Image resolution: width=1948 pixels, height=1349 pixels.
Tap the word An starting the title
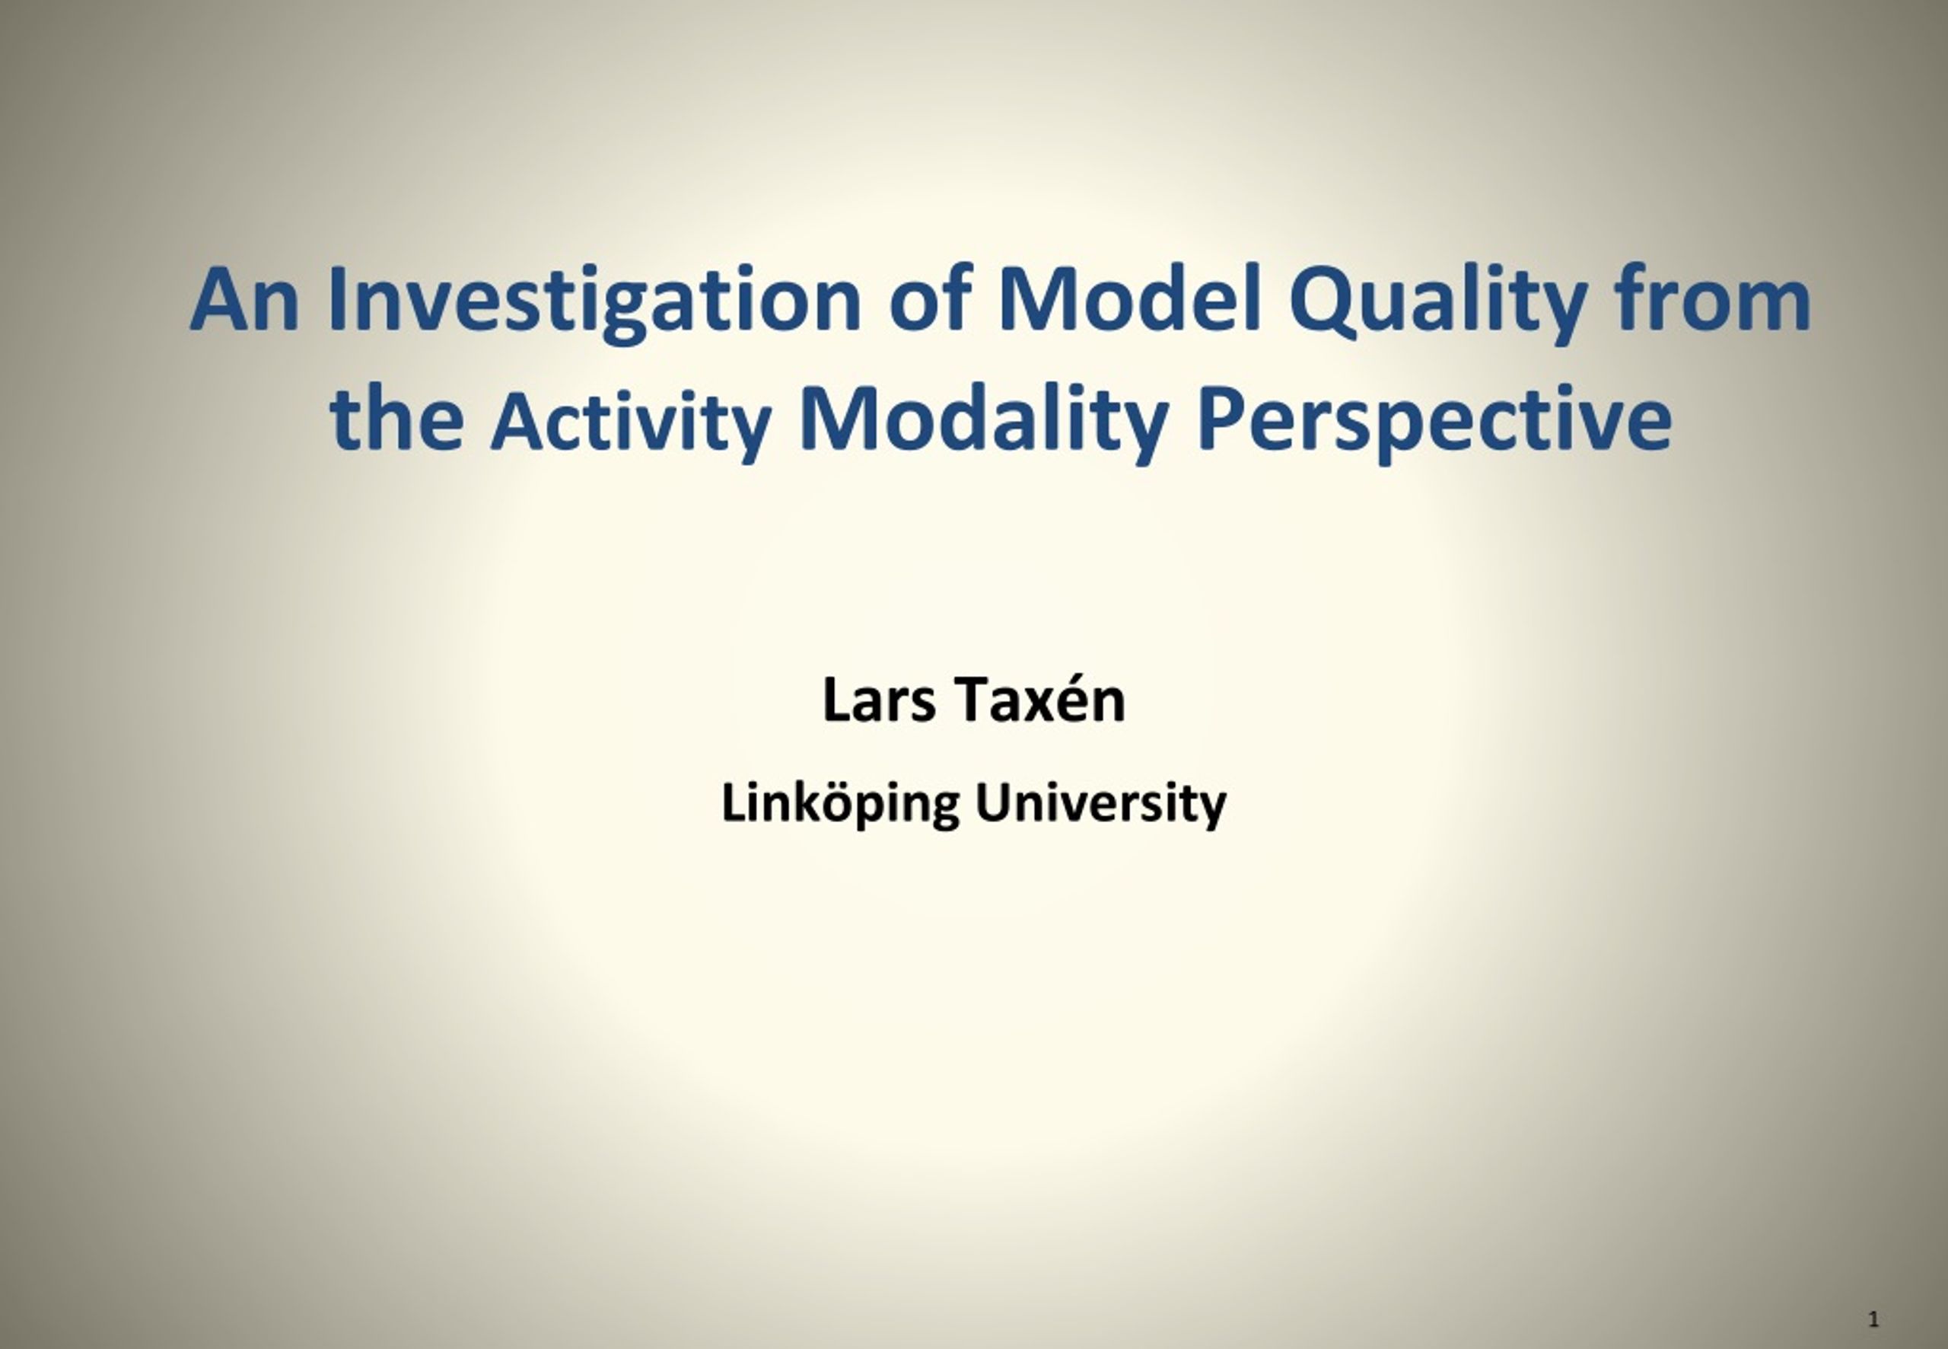pos(244,300)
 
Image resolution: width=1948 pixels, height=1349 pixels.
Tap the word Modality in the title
pos(984,423)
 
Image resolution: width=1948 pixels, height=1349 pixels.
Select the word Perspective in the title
pos(1434,423)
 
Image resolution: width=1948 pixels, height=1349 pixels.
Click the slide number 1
pos(1873,1319)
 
